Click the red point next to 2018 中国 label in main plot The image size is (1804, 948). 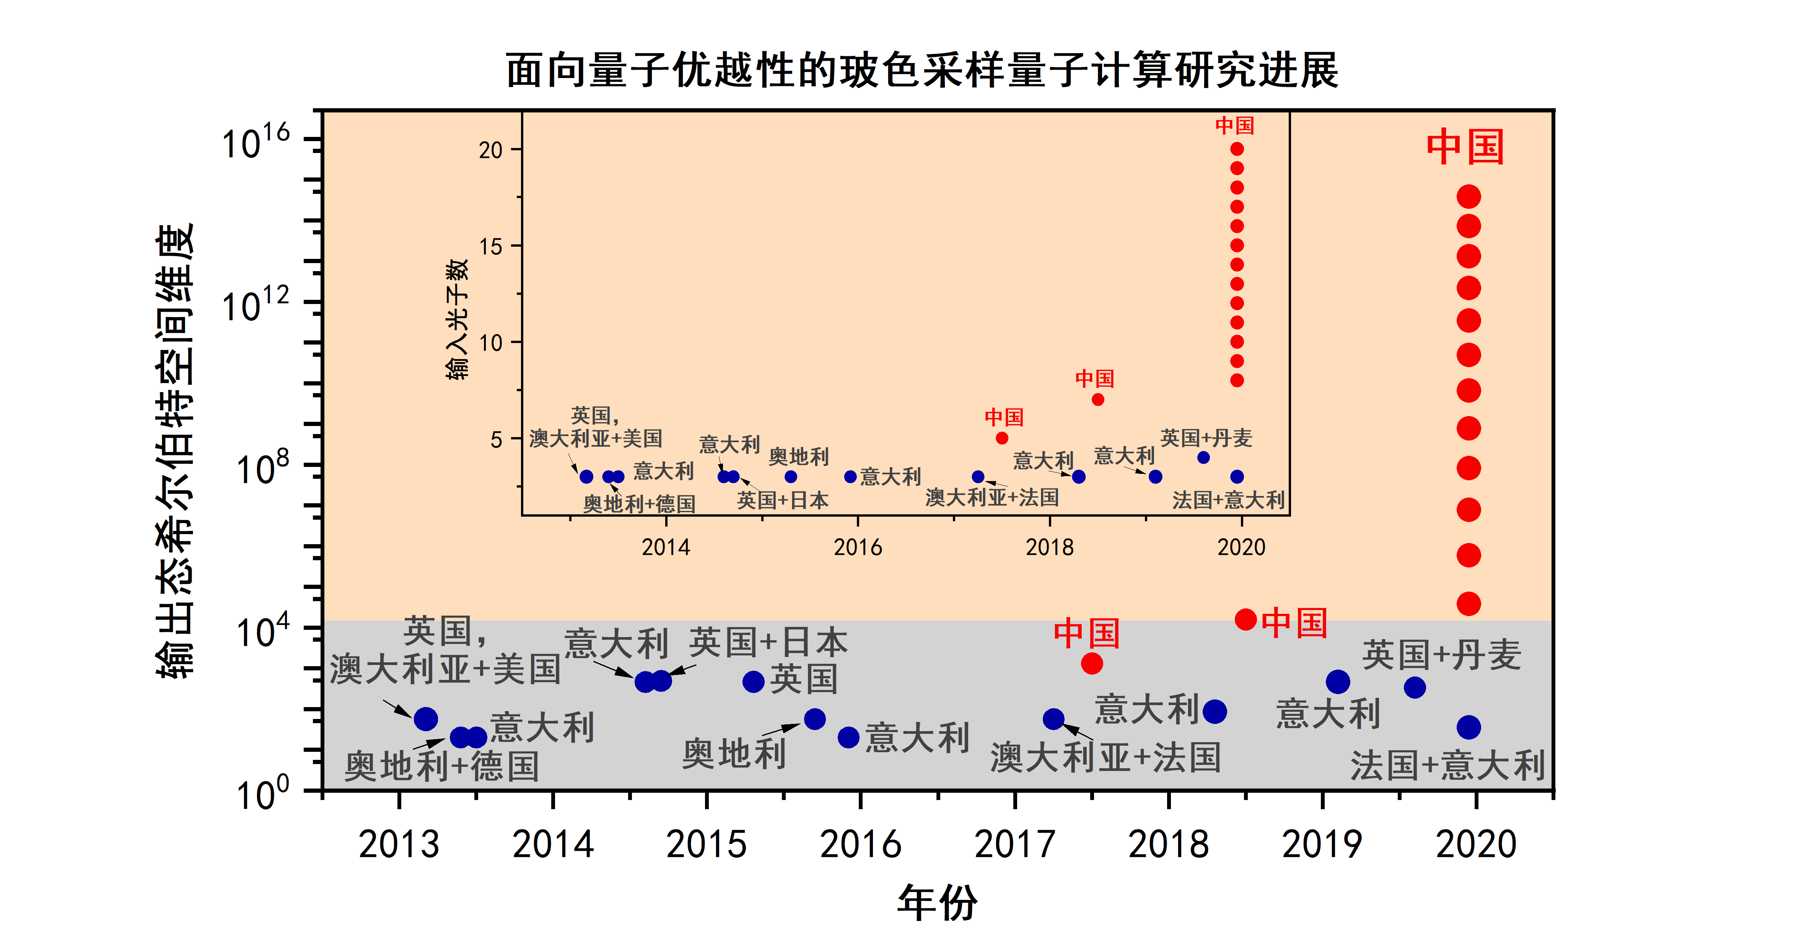tap(1245, 619)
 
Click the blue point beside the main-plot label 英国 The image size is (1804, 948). tap(753, 681)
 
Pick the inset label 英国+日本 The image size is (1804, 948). tap(782, 500)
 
